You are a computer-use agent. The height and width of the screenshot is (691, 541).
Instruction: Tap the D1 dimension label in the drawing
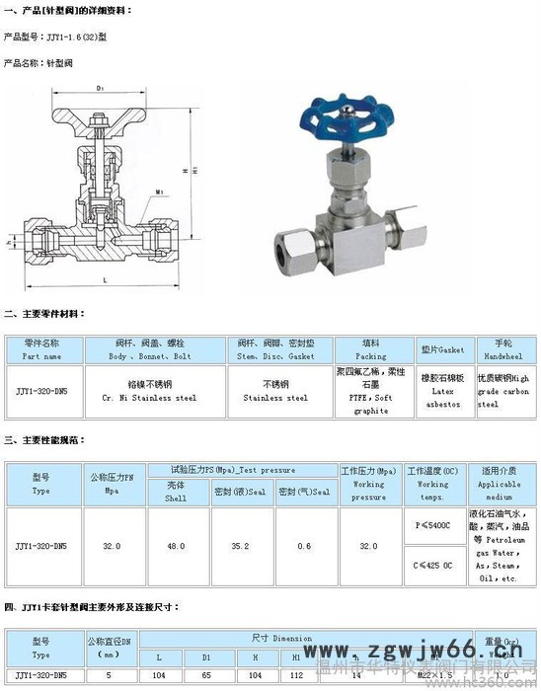click(100, 89)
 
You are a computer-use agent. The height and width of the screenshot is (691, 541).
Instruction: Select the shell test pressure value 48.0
click(176, 546)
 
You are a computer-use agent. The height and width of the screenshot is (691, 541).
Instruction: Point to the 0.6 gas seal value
click(304, 546)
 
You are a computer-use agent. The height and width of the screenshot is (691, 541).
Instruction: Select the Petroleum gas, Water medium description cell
click(499, 546)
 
